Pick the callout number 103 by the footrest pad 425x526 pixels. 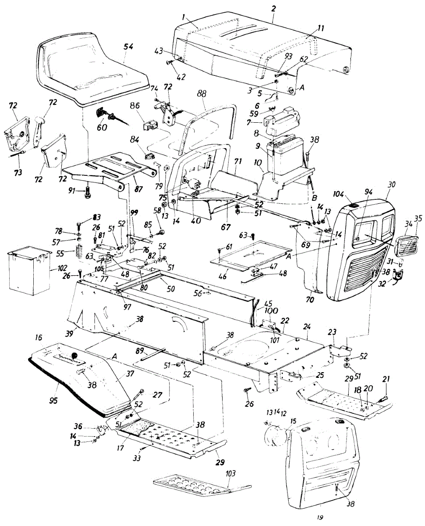click(x=231, y=473)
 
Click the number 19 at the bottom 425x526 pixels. click(x=320, y=518)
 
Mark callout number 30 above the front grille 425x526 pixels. click(x=391, y=185)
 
